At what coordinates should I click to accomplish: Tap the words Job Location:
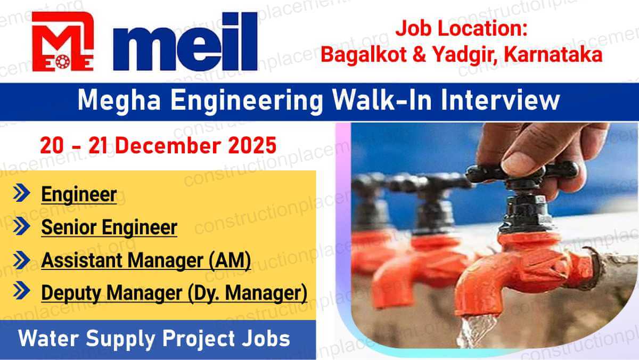(461, 29)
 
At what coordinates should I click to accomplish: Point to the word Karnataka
(556, 54)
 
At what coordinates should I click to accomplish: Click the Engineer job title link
(79, 194)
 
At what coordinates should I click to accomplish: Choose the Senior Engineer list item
(109, 227)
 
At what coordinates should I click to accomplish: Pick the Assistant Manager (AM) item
(146, 261)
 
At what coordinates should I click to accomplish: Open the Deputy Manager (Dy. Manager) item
(174, 293)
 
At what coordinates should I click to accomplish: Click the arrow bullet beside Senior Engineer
(21, 227)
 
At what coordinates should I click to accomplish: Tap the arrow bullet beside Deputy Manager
(21, 292)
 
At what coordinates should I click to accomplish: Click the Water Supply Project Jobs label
(154, 339)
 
